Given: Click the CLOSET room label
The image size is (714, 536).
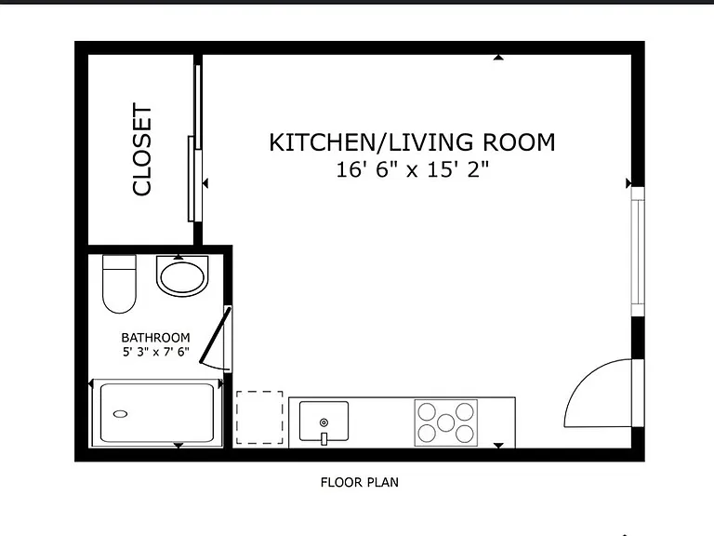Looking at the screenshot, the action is coord(141,150).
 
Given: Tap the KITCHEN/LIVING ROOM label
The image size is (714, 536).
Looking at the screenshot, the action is coord(412,142).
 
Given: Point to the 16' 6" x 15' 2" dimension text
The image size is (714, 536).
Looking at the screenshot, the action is coord(412,170).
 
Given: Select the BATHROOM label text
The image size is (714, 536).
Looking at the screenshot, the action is coord(155,338).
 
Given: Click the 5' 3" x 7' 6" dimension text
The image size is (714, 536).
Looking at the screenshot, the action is coord(156,352).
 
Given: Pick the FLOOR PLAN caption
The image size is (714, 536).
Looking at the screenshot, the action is coord(359,482).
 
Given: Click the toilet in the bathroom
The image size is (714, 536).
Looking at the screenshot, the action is coord(119,284).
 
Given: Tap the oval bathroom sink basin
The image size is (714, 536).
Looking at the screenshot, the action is coord(182,277).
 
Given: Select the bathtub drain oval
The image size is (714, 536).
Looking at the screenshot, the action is coord(120,414).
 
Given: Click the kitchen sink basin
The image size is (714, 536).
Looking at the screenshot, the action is coord(324,421).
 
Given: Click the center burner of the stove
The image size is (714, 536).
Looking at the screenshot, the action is coord(446,422).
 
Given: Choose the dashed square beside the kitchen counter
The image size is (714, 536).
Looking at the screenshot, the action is coord(259,418).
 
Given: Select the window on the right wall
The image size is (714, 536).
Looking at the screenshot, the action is coord(638,251).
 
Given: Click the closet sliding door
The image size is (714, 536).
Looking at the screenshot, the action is coord(195,143).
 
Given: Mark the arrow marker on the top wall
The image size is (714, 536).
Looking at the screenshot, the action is coord(498,58).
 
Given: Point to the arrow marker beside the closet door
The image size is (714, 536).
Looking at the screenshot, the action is coord(205,183).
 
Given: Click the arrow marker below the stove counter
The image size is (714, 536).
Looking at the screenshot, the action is coord(498,446).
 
